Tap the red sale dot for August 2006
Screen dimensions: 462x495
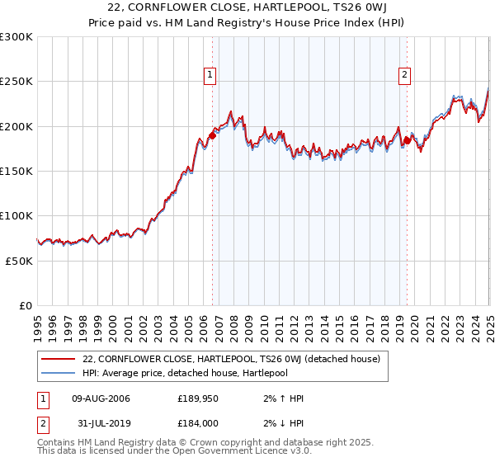pos(212,136)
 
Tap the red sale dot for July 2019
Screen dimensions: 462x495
pos(407,141)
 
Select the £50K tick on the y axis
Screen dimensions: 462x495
pos(18,261)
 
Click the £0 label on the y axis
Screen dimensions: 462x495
pos(25,305)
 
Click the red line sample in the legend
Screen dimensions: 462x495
pos(58,359)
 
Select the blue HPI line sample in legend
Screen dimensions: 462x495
pos(58,373)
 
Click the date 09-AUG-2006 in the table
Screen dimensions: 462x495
pos(101,398)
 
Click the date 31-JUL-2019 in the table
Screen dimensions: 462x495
pos(101,425)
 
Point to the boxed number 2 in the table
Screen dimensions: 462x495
pos(42,425)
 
